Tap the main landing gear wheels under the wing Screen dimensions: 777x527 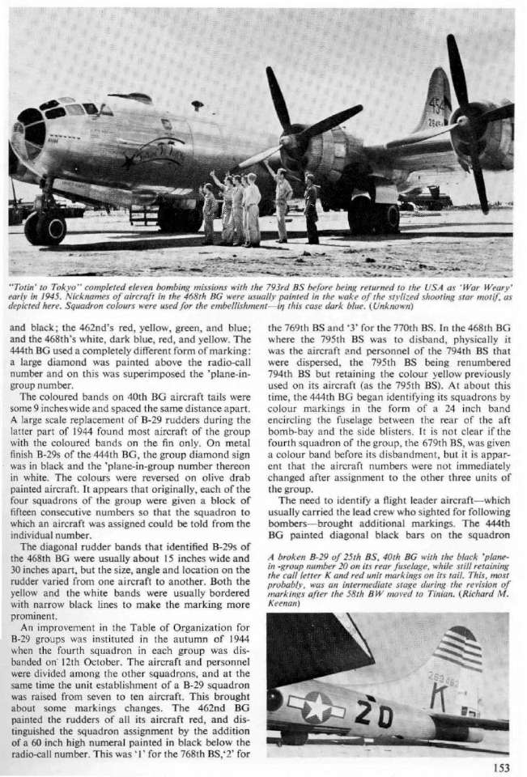coord(373,218)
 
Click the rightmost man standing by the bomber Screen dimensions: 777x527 coord(311,208)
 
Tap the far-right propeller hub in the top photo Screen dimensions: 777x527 coord(464,121)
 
